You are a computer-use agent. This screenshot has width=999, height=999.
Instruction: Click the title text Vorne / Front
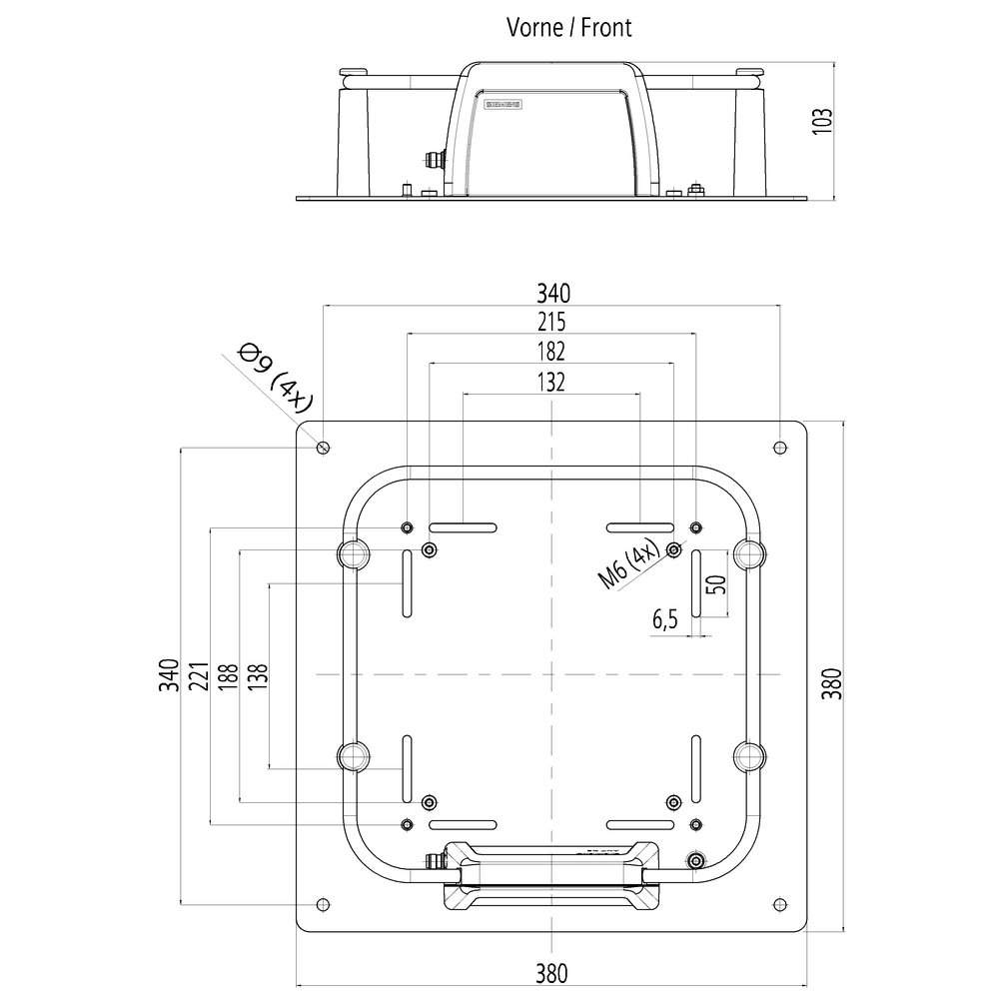pos(568,27)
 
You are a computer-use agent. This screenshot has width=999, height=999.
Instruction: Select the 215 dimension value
pos(551,322)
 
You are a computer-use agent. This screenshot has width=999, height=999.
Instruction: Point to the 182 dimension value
pos(551,351)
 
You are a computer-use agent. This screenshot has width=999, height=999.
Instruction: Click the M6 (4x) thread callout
pos(627,565)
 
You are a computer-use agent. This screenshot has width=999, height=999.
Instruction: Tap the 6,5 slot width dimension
pos(665,620)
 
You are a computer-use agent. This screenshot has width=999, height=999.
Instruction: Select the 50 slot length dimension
pos(715,583)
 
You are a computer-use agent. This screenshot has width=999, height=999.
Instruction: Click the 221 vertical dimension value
pos(198,676)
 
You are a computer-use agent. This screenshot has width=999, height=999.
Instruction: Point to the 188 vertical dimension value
pos(228,676)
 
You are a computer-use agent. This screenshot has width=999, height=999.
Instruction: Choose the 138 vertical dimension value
pos(257,676)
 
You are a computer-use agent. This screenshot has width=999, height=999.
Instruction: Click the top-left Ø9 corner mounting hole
pos(323,446)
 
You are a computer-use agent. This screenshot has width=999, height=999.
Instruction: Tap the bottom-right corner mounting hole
pos(780,904)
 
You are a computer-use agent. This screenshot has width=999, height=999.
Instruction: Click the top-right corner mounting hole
pos(780,446)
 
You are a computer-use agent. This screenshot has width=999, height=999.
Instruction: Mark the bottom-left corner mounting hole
pos(322,904)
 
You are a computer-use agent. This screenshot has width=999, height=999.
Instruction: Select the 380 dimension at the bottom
pos(551,971)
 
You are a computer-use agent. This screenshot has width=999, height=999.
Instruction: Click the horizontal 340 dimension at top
pos(551,293)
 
